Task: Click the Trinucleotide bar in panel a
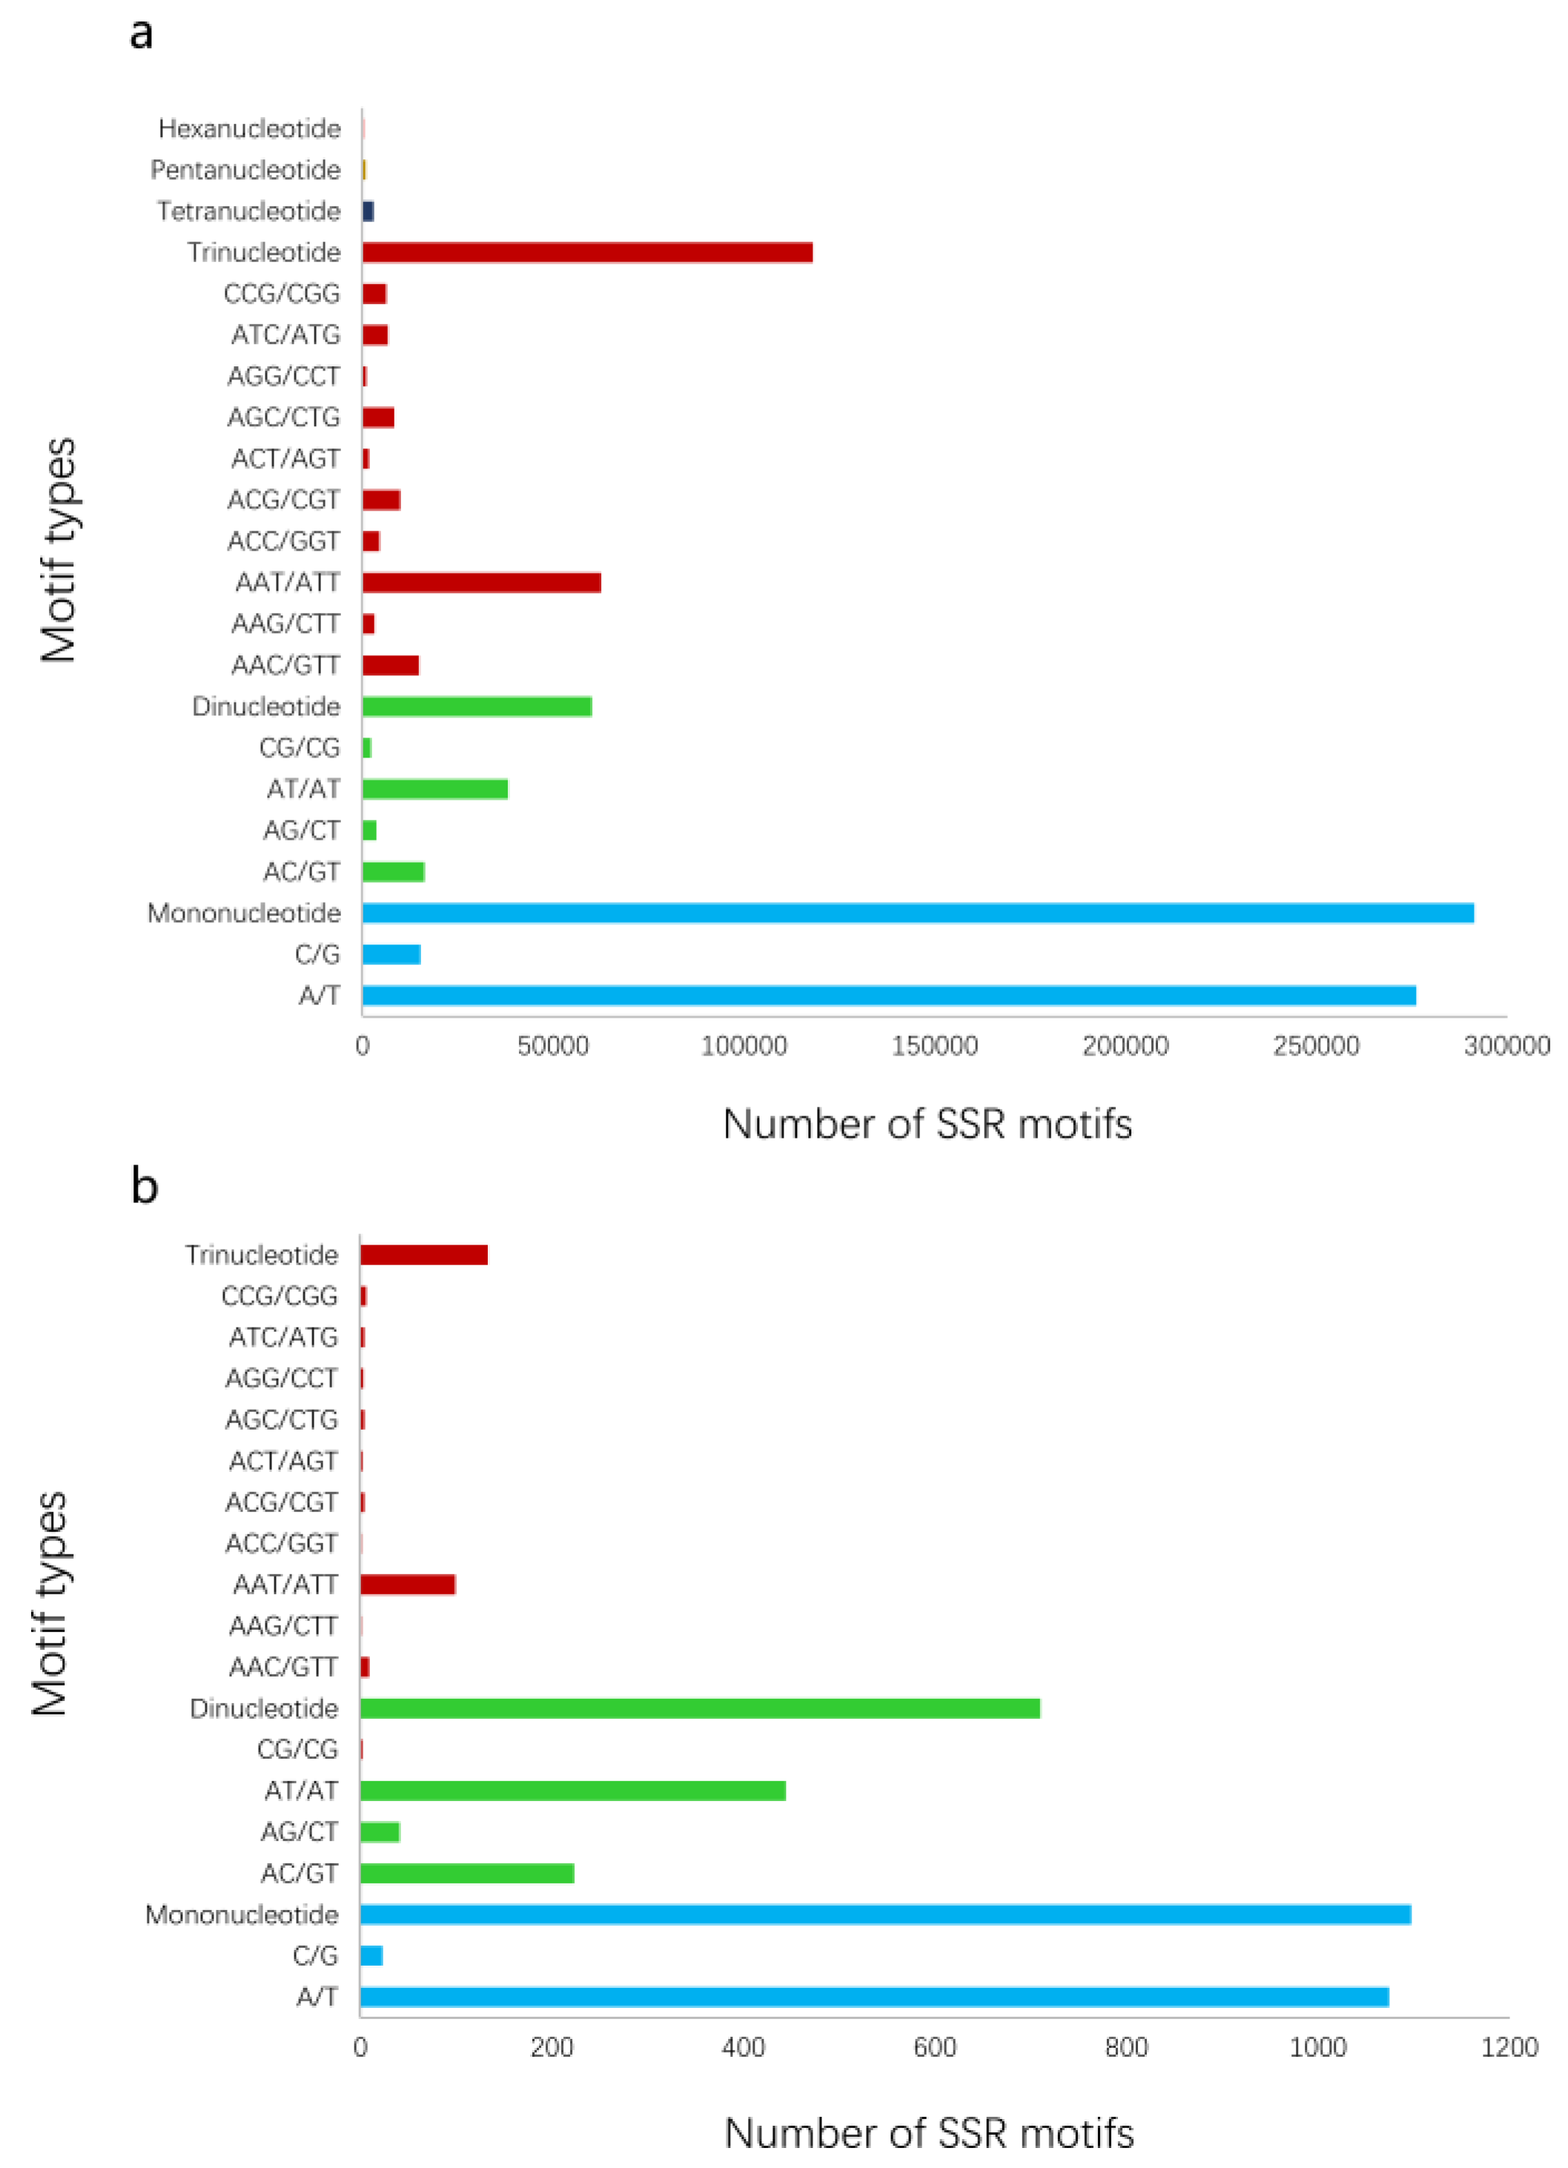[586, 252]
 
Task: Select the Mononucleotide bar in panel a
[917, 913]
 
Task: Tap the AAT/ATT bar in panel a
[481, 582]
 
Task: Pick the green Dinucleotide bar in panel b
[699, 1708]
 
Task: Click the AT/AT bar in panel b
[572, 1791]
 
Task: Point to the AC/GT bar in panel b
[466, 1874]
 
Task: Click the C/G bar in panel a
[391, 954]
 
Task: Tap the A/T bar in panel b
[874, 1997]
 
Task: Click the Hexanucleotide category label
[250, 128]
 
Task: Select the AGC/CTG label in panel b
[281, 1419]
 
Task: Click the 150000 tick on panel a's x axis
[934, 1046]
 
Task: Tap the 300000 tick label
[1506, 1046]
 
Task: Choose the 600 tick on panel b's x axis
[934, 2046]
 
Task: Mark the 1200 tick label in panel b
[1509, 2046]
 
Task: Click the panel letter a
[141, 33]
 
